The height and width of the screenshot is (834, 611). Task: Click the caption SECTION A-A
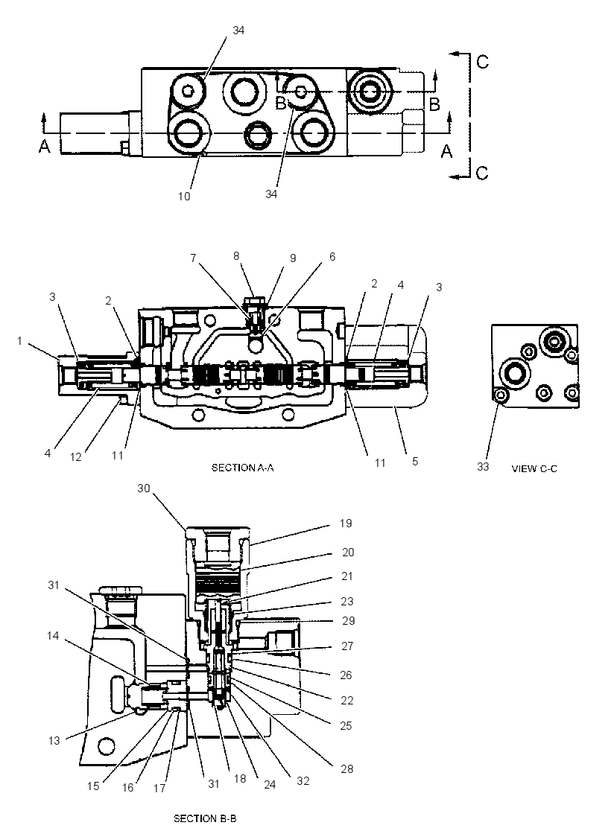[x=242, y=468]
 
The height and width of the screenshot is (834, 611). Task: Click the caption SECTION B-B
[x=205, y=818]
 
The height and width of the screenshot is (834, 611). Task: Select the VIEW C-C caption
[x=534, y=468]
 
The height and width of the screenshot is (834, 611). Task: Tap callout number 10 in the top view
[x=183, y=197]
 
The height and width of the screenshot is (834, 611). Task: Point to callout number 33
[x=483, y=466]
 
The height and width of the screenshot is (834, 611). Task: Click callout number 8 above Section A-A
[x=236, y=256]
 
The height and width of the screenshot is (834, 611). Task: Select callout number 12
[x=76, y=457]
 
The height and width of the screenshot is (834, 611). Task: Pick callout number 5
[x=415, y=461]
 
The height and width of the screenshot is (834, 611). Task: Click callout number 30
[x=144, y=488]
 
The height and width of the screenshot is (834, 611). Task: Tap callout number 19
[x=346, y=523]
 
